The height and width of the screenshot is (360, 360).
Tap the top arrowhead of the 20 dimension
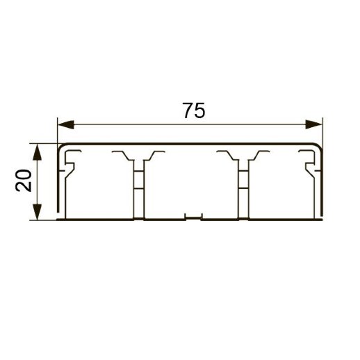pyautogui.click(x=40, y=148)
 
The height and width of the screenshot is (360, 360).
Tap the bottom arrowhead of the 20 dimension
pyautogui.click(x=40, y=217)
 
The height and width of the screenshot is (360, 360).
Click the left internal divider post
pyautogui.click(x=139, y=188)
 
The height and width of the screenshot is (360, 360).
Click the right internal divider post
pyautogui.click(x=244, y=188)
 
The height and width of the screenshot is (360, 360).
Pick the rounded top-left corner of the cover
pyautogui.click(x=60, y=148)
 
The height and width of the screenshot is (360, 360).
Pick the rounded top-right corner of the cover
pyautogui.click(x=321, y=148)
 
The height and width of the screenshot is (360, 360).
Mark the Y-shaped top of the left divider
pyautogui.click(x=139, y=156)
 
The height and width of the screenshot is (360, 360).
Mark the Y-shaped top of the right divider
pyautogui.click(x=244, y=156)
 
